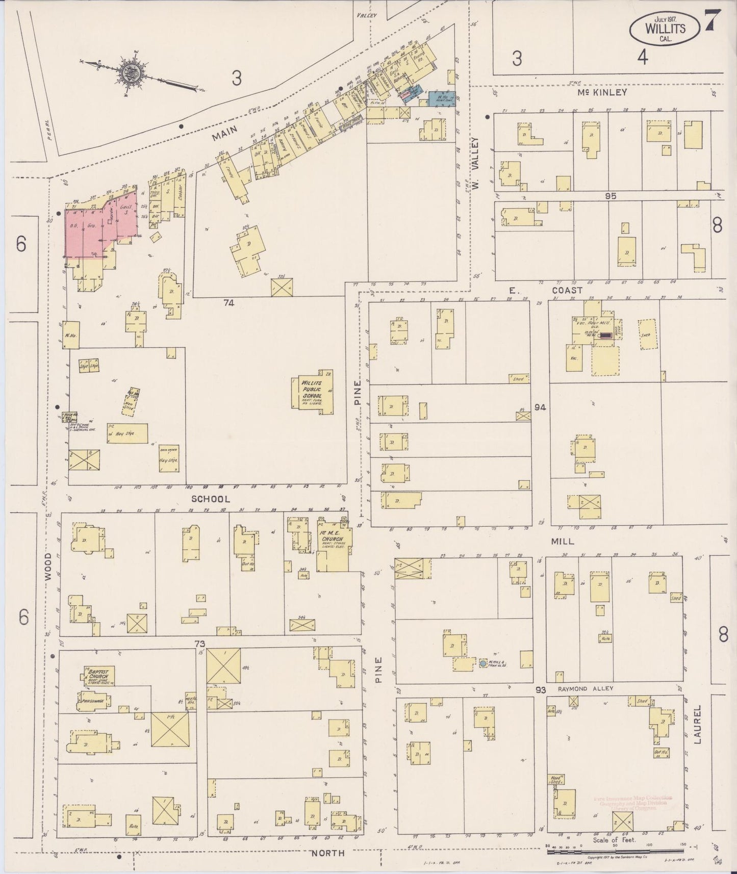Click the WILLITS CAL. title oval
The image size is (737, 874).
[665, 29]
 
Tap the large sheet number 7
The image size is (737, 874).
[713, 21]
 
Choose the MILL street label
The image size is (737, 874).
[563, 541]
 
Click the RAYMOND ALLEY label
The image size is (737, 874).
[585, 688]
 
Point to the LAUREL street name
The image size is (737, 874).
[697, 724]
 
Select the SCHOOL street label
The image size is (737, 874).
[211, 499]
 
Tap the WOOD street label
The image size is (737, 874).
[48, 567]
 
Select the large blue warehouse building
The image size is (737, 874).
[441, 97]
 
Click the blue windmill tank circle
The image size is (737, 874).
[482, 664]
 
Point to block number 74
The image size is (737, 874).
[228, 303]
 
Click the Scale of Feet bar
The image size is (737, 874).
[620, 847]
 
